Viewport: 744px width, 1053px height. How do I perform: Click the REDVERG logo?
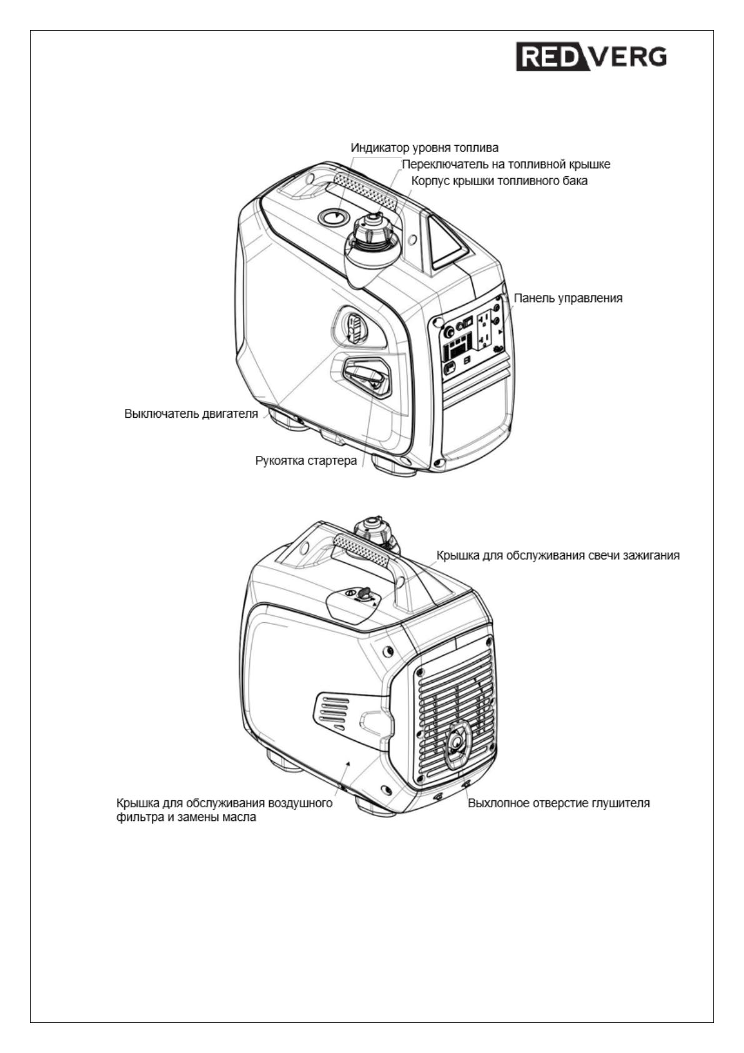[591, 58]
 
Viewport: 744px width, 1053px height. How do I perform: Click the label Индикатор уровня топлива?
[424, 148]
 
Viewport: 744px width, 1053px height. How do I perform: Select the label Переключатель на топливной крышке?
[505, 164]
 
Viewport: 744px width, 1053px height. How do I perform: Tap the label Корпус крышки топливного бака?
[499, 181]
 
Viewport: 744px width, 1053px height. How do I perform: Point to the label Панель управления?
[568, 298]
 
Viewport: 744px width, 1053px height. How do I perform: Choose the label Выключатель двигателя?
[191, 413]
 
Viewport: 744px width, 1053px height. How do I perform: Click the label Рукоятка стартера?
[306, 461]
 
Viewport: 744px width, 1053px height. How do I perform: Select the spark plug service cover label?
[557, 555]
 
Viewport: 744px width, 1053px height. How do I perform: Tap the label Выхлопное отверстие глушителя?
[558, 802]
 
